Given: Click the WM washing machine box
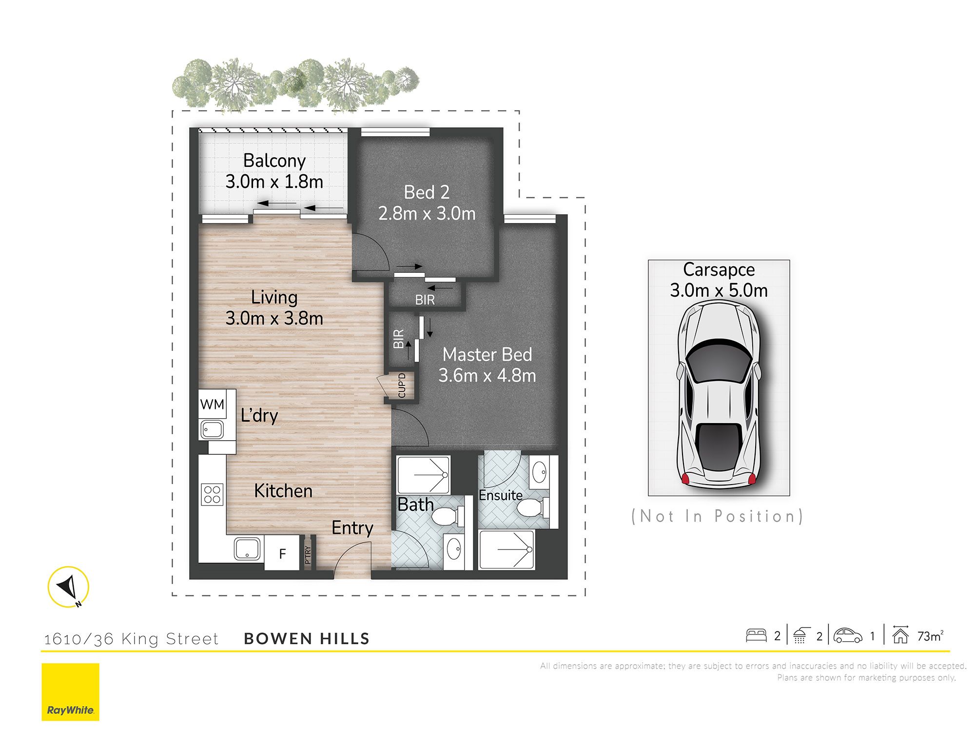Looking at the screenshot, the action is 213,404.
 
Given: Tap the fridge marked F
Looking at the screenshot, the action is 282,553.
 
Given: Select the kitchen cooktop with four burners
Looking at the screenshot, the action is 213,494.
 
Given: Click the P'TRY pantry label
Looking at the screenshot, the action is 308,555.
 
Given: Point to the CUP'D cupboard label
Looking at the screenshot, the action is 402,386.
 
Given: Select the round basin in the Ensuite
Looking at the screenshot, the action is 539,472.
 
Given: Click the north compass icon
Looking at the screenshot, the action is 68,587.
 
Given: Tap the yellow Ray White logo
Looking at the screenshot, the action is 70,692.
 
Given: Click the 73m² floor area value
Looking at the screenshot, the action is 930,636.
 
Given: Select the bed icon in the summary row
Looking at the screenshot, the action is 756,635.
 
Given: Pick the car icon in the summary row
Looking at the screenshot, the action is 848,635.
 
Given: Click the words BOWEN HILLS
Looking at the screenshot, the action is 307,638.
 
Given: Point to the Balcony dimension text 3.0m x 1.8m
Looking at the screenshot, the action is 274,182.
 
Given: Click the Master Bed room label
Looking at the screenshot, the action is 487,354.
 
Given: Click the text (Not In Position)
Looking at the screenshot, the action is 717,516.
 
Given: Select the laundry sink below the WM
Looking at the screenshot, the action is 212,430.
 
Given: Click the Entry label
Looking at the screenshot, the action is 352,528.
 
